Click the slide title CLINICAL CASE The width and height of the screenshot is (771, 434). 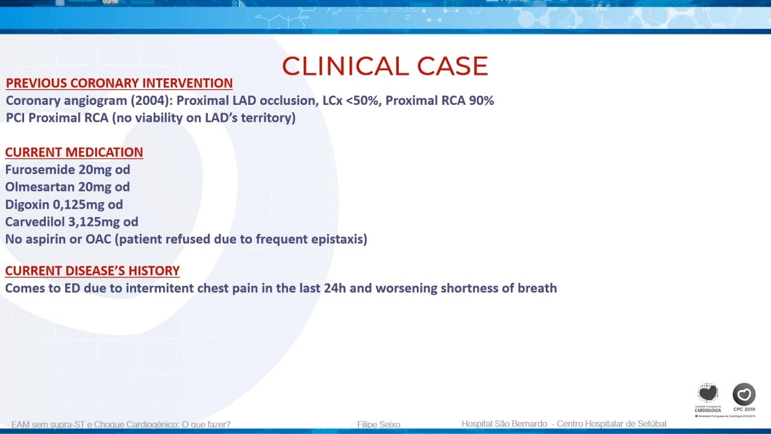(385, 66)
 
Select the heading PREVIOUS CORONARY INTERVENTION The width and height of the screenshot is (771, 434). (119, 83)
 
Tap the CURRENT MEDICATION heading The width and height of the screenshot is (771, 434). (74, 153)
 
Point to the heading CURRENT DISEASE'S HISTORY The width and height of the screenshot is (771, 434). (92, 271)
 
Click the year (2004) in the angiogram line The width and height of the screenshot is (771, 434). (152, 101)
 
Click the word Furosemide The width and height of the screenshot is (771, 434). (40, 169)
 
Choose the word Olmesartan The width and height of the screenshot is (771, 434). (40, 187)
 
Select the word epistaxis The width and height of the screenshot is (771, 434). (339, 239)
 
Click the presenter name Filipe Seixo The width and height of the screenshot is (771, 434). (379, 424)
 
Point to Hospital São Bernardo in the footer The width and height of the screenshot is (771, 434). (504, 424)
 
